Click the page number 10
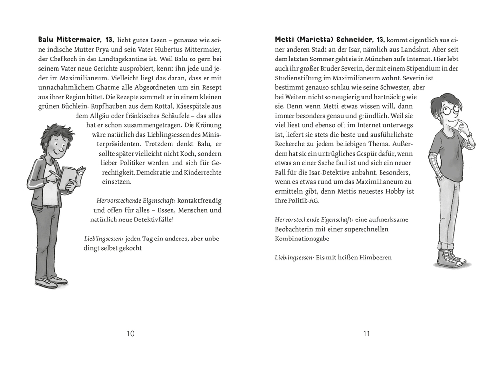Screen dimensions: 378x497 pyautogui.click(x=130, y=334)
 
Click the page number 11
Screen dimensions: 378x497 pyautogui.click(x=367, y=334)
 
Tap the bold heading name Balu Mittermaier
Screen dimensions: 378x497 pyautogui.click(x=70, y=39)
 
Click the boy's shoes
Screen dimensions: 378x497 pyautogui.click(x=50, y=281)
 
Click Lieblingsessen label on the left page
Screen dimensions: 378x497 pyautogui.click(x=104, y=239)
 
